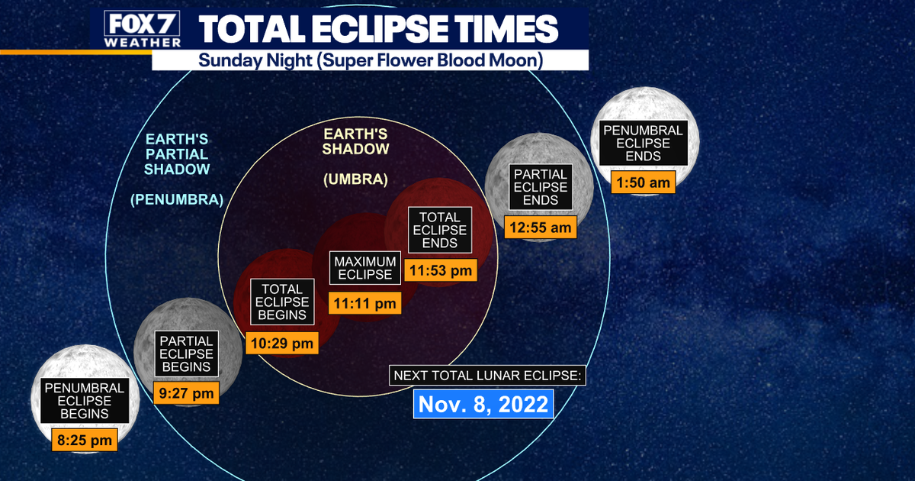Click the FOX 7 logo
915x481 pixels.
tap(142, 29)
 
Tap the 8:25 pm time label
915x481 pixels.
tap(85, 440)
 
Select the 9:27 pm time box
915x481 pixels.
tap(186, 393)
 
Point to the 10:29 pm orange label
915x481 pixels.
tap(282, 343)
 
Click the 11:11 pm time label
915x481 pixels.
tap(364, 303)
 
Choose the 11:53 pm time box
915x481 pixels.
tap(441, 270)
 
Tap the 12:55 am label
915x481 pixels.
tap(541, 227)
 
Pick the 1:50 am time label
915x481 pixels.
tap(643, 182)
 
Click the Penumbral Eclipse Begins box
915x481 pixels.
tap(85, 400)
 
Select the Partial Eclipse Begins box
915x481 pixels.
tap(186, 353)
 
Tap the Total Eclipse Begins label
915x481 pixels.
tap(282, 302)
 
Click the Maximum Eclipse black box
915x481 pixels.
tap(364, 268)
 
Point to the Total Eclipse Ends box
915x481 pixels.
tap(440, 230)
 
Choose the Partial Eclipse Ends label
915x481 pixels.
tap(541, 187)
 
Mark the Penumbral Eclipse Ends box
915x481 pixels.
tap(643, 144)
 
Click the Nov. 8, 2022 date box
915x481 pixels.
tap(483, 404)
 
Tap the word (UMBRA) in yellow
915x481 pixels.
tap(355, 179)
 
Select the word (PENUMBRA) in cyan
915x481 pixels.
tap(177, 199)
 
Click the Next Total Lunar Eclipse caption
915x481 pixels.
tap(487, 376)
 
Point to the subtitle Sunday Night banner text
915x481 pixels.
tap(371, 60)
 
